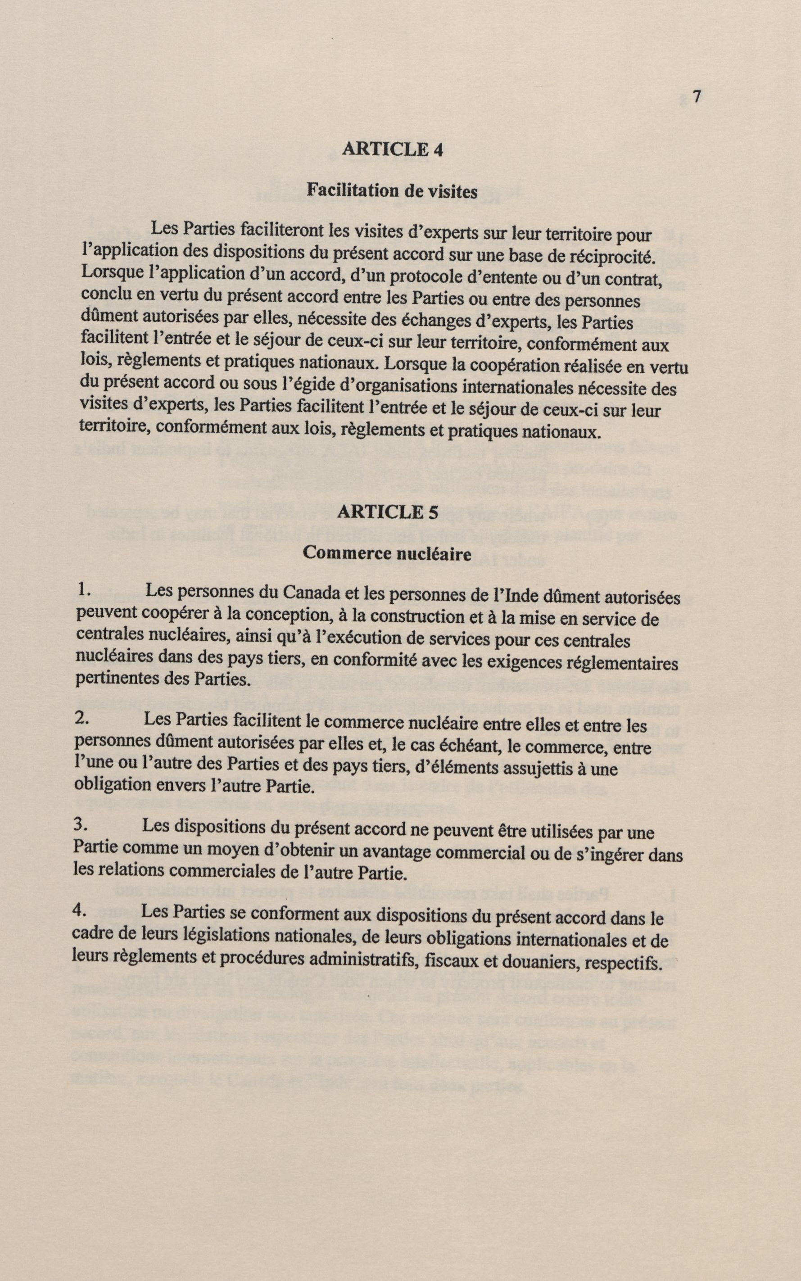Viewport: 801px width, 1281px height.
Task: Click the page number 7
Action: coord(697,97)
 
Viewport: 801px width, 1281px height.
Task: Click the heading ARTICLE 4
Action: coord(392,149)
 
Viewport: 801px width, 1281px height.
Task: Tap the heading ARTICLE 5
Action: coord(388,512)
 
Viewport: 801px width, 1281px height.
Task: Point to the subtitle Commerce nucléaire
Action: coord(387,554)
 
